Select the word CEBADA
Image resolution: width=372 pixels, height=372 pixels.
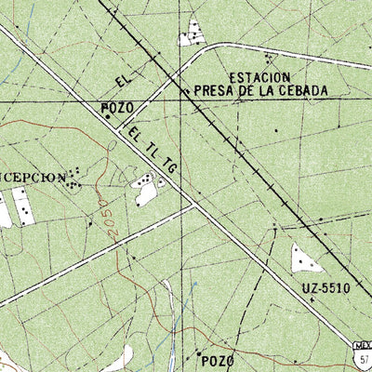(x=304, y=91)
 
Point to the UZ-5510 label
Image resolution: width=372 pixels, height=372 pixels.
(x=324, y=288)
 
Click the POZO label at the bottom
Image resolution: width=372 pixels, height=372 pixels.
(x=216, y=360)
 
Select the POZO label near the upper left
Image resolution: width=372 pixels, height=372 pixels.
(x=118, y=108)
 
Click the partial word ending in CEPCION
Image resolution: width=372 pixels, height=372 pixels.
(x=32, y=177)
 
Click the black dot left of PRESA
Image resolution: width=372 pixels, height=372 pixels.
(x=186, y=92)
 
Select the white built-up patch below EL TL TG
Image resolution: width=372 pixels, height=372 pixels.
(x=146, y=189)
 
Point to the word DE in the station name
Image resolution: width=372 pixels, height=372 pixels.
(x=245, y=91)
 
